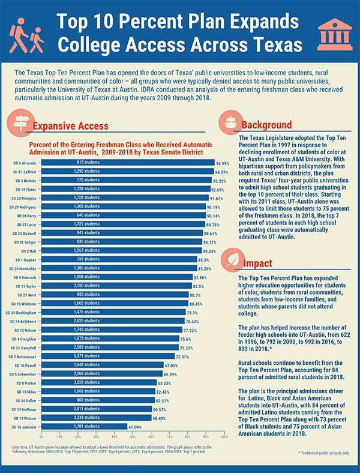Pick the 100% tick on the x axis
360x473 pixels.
pyautogui.click(x=224, y=436)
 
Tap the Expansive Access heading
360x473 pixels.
pyautogui.click(x=70, y=126)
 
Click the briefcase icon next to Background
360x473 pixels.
pyautogui.click(x=230, y=123)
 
